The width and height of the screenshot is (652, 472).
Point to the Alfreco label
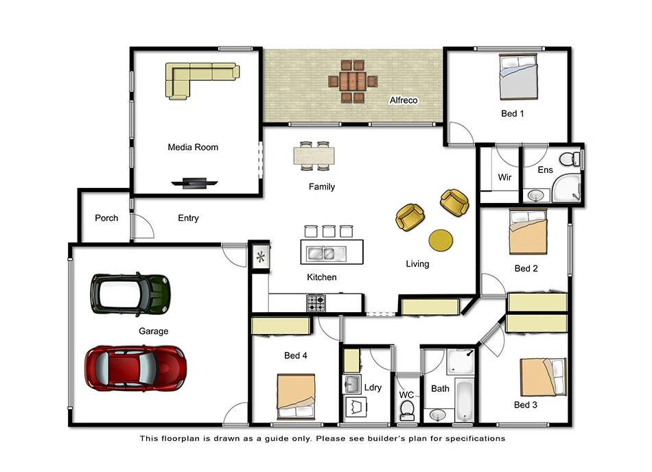pyautogui.click(x=404, y=100)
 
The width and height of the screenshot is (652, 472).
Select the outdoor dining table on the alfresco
pyautogui.click(x=352, y=82)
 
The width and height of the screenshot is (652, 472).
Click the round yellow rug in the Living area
pyautogui.click(x=440, y=239)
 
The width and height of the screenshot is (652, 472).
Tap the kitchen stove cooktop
pyautogui.click(x=316, y=302)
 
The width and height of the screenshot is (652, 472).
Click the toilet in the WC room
pyautogui.click(x=407, y=410)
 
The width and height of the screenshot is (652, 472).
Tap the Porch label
pyautogui.click(x=106, y=218)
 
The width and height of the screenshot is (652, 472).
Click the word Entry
pyautogui.click(x=188, y=218)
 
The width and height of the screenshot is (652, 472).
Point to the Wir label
pyautogui.click(x=504, y=177)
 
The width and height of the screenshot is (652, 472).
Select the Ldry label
pyautogui.click(x=373, y=388)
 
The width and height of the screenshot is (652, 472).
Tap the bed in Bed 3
pyautogui.click(x=542, y=377)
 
